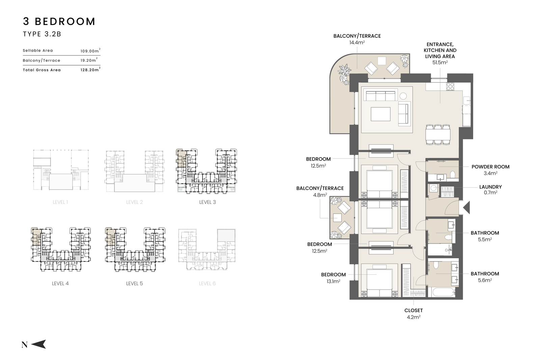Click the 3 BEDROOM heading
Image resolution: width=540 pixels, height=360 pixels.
59,22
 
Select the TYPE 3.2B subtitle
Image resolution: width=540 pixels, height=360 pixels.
42,34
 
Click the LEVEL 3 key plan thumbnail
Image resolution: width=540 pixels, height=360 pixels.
206,171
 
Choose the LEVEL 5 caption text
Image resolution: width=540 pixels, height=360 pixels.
135,283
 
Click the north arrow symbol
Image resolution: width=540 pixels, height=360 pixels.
38,344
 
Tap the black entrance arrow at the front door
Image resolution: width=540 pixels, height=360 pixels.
466,208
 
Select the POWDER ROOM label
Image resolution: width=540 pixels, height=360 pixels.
490,167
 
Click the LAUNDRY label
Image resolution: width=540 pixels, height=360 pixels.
490,187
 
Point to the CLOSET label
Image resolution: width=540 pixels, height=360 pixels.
413,310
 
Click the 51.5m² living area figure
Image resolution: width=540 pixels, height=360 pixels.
440,62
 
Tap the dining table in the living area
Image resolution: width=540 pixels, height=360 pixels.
438,135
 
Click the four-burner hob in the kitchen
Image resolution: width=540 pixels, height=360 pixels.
450,86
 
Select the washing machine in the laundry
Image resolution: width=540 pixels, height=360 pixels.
433,188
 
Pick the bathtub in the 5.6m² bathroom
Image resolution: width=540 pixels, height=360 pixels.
443,292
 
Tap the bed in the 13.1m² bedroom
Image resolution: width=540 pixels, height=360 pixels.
379,281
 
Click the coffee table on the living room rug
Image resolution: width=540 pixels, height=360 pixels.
380,114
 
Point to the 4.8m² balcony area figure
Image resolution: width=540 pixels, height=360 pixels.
320,195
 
